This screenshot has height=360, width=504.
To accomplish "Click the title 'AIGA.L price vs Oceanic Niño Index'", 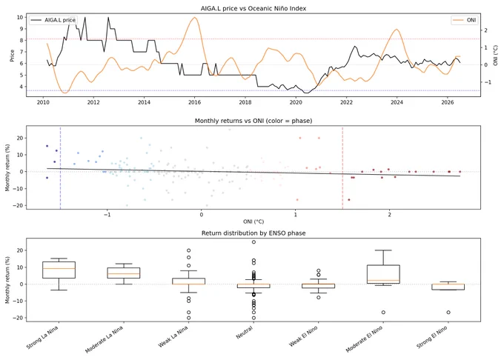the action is pyautogui.click(x=253, y=8).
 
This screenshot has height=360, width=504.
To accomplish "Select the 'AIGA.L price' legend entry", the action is pyautogui.click(x=53, y=20).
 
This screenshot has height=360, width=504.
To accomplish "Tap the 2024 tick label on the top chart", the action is pyautogui.click(x=397, y=102).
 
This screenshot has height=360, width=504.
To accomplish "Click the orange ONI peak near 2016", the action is pyautogui.click(x=194, y=17).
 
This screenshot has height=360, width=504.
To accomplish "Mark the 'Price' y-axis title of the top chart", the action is pyautogui.click(x=12, y=56).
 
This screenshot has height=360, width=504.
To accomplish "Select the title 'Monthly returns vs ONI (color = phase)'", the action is pyautogui.click(x=253, y=121).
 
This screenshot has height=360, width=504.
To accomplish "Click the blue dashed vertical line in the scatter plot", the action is pyautogui.click(x=61, y=167).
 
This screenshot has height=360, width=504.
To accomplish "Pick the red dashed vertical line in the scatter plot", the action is pyautogui.click(x=342, y=167).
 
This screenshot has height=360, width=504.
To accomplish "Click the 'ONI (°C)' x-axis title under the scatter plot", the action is pyautogui.click(x=253, y=221).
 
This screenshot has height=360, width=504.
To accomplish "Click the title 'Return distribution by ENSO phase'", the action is pyautogui.click(x=253, y=233).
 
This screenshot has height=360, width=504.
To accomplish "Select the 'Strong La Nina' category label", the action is pyautogui.click(x=43, y=338).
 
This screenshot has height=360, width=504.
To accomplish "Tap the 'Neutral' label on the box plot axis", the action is pyautogui.click(x=245, y=333).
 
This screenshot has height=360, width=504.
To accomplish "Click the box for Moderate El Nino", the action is pyautogui.click(x=383, y=274).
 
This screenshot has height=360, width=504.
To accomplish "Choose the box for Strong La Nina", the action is pyautogui.click(x=59, y=270).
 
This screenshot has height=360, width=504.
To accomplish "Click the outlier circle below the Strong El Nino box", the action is pyautogui.click(x=448, y=312).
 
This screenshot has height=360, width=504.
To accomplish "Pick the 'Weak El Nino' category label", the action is pyautogui.click(x=303, y=336).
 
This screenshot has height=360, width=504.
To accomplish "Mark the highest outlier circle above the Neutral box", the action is pyautogui.click(x=253, y=241).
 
